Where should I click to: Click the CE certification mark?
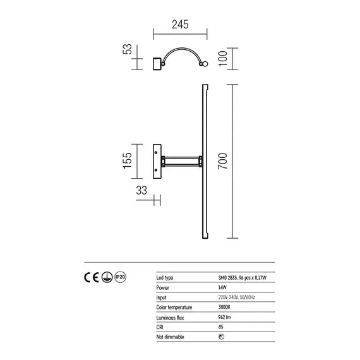pyautogui.click(x=90, y=277)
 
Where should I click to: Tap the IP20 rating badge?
pyautogui.click(x=122, y=277)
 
